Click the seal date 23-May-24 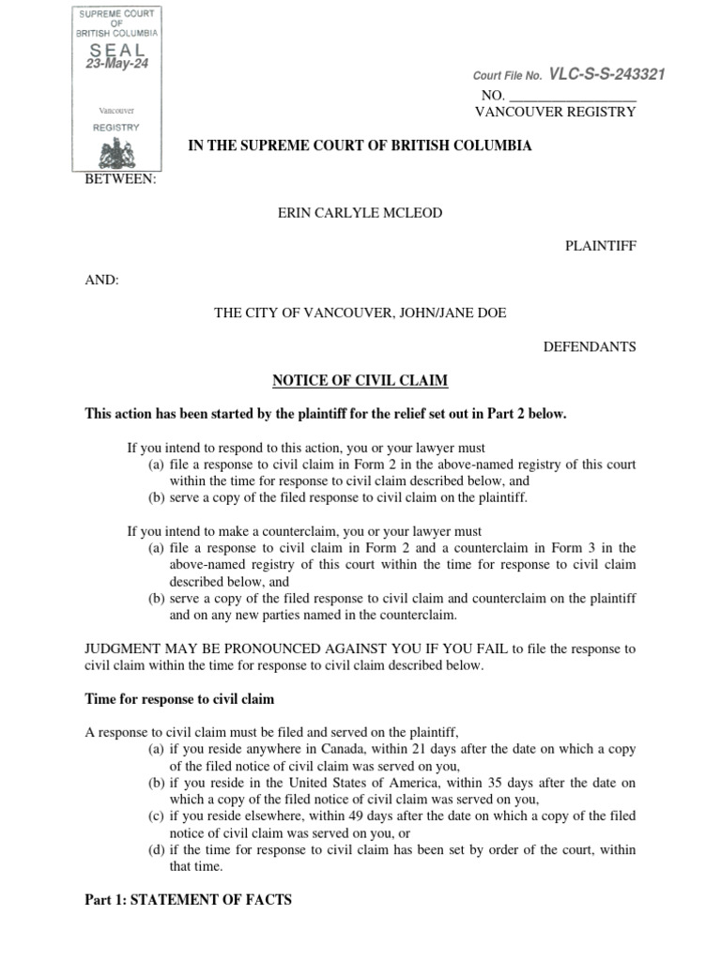(117, 64)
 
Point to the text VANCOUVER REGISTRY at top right (557, 112)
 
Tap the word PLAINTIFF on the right (599, 246)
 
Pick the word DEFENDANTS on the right (590, 346)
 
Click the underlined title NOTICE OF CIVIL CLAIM (360, 380)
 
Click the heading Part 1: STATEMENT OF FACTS (188, 900)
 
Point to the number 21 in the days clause (435, 749)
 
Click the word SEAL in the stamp (117, 48)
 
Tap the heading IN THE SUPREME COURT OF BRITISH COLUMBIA (360, 145)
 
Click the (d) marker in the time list (157, 850)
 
